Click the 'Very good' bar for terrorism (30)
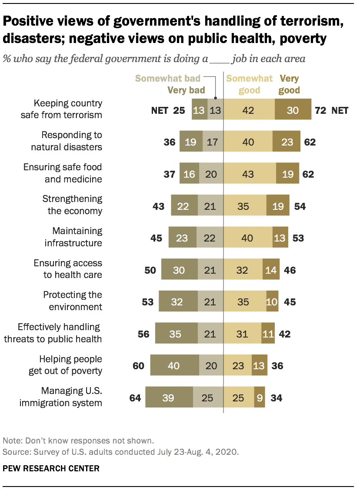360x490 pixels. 293,110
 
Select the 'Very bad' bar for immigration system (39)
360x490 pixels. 169,397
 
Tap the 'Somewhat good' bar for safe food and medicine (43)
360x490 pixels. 250,174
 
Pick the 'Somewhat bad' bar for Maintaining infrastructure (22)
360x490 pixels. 210,238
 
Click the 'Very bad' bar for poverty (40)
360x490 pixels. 174,365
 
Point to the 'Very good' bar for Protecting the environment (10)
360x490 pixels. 272,301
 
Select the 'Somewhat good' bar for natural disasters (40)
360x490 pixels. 248,142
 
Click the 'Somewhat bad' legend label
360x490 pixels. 167,79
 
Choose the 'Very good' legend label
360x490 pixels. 290,84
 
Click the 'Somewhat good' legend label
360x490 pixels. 249,84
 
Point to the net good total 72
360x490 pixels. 320,110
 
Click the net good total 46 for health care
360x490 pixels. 290,270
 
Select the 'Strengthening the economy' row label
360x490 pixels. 72,205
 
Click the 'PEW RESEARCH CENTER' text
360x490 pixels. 51,468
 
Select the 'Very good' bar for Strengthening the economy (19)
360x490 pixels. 277,206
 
